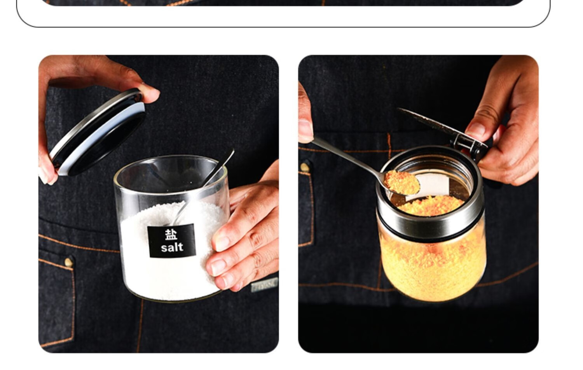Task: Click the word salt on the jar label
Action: (172, 247)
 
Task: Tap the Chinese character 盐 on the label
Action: (171, 234)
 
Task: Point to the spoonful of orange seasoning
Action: (401, 182)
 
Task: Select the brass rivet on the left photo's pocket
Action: (69, 261)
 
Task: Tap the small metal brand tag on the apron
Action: (264, 284)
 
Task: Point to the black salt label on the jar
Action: (171, 241)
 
